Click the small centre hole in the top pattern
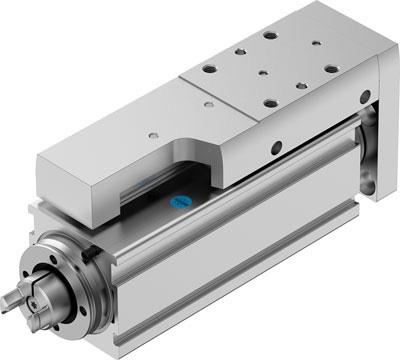261,74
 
